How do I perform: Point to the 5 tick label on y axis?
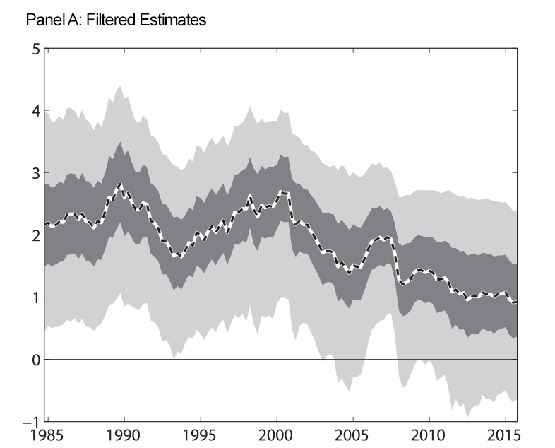(x=34, y=49)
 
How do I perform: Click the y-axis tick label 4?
(x=34, y=111)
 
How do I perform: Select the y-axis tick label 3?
(x=34, y=173)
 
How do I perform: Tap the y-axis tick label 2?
(x=34, y=235)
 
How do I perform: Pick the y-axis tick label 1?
(x=34, y=297)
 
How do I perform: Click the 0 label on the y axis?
(x=34, y=360)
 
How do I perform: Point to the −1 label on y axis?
(x=30, y=421)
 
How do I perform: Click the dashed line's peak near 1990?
(x=120, y=184)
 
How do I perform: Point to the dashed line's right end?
(x=516, y=302)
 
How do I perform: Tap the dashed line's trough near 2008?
(x=403, y=285)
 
